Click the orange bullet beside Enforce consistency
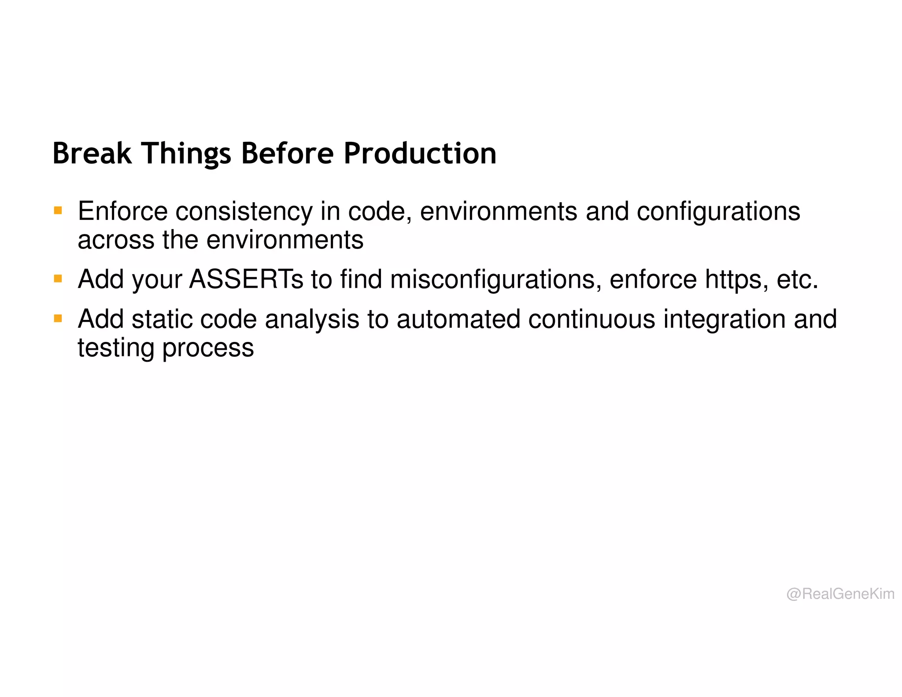coord(58,210)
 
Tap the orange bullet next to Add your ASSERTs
coord(58,278)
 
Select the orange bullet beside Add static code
coord(58,318)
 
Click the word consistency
coord(244,211)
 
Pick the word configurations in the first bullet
coord(718,211)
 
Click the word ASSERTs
coord(246,279)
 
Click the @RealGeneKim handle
coord(840,594)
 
